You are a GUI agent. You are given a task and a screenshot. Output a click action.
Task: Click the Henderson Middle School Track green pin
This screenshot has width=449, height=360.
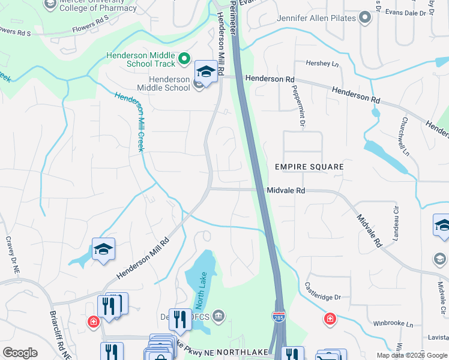click(184, 59)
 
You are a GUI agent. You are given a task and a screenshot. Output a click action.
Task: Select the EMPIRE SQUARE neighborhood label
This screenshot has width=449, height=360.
click(309, 167)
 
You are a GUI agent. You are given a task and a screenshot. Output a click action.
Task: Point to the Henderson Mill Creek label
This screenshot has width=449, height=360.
click(130, 121)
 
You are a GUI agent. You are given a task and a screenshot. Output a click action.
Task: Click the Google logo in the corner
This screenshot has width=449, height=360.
click(20, 353)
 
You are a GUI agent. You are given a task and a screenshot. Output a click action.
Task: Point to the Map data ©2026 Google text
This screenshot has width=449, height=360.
click(411, 355)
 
